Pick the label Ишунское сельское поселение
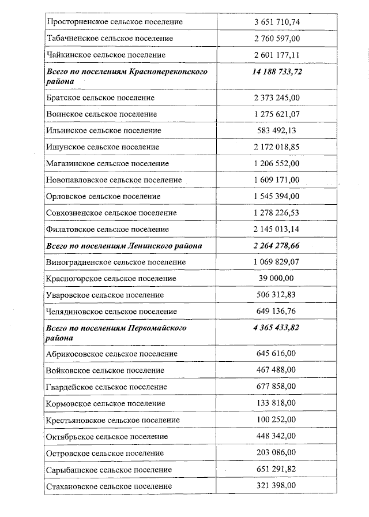coord(103,147)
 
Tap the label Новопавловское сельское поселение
coord(114,180)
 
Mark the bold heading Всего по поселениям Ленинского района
coord(124,246)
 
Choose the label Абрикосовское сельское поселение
coord(111,354)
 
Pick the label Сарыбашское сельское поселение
coord(108,470)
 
